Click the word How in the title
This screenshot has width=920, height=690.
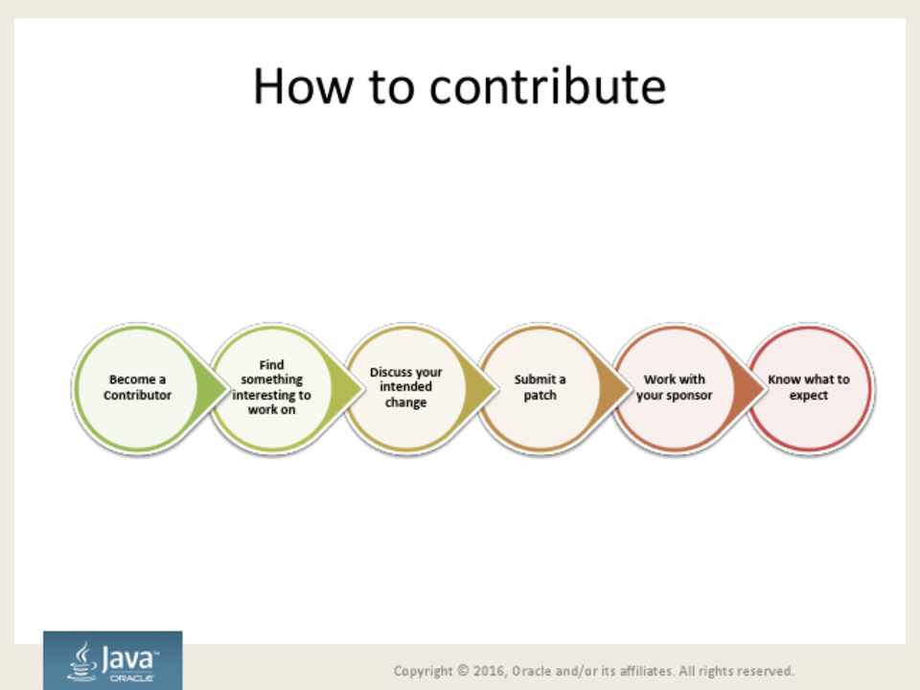304,86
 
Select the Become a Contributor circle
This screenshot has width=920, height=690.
137,387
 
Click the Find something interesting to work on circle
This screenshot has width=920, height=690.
271,387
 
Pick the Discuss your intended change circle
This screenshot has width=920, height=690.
406,387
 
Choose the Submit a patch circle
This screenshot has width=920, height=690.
540,387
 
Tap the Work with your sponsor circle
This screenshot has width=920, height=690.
674,387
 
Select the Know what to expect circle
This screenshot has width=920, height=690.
809,387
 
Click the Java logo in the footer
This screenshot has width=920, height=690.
113,660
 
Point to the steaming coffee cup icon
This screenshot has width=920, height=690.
82,661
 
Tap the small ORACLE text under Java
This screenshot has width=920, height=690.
131,678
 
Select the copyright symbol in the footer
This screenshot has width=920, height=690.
463,670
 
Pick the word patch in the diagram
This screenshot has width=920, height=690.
540,396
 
